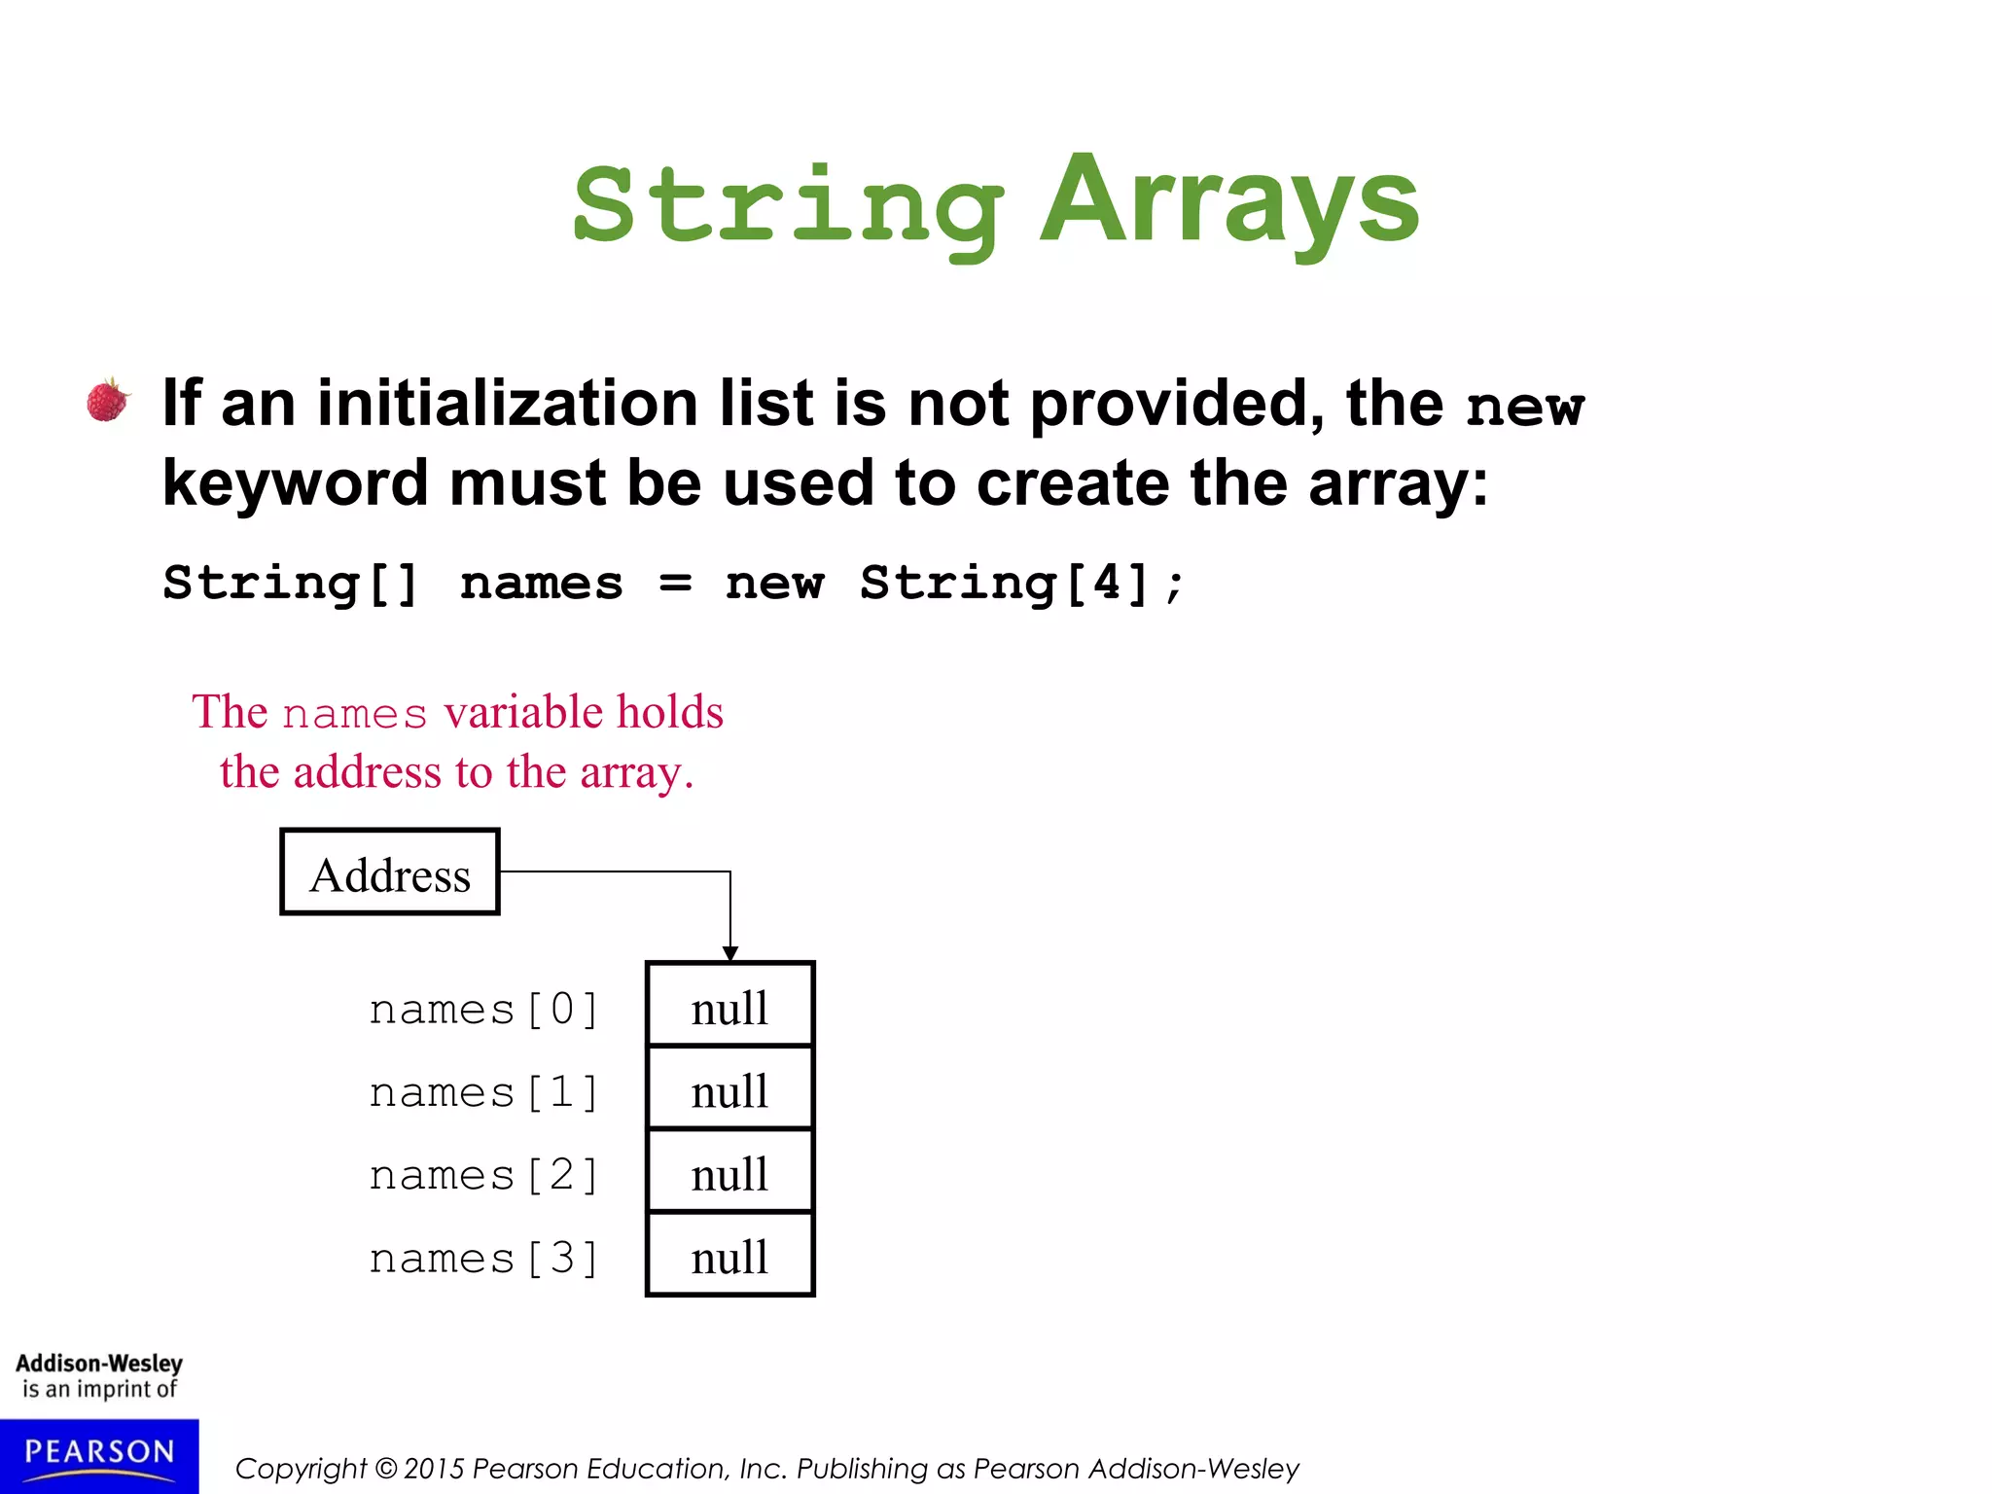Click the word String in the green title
[x=788, y=206]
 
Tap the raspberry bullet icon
[x=108, y=400]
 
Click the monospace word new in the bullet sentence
[x=1524, y=407]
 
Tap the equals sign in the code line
[x=675, y=585]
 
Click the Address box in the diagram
[x=390, y=872]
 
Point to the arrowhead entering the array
[x=730, y=953]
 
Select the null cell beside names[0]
[x=729, y=1006]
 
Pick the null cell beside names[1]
[x=729, y=1089]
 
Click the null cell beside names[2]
[x=729, y=1172]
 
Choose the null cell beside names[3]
[x=729, y=1256]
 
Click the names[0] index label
[x=483, y=1010]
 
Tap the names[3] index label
[x=483, y=1259]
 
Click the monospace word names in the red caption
[x=355, y=714]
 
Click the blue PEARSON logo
[x=99, y=1455]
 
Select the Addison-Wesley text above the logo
[x=99, y=1363]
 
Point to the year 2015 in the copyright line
[x=434, y=1469]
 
